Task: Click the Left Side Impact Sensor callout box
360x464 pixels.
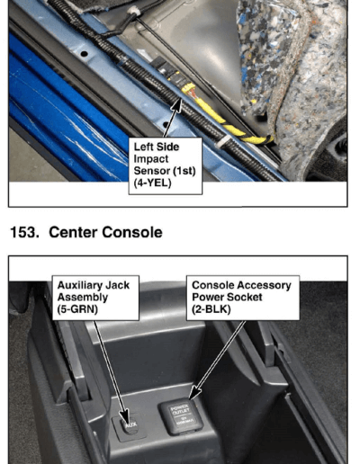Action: [x=166, y=166]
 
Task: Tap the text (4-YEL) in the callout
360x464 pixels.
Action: [x=152, y=183]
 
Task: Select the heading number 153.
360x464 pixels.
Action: [x=24, y=232]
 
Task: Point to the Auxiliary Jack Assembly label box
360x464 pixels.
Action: [x=95, y=298]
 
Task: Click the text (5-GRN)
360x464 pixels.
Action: [x=77, y=309]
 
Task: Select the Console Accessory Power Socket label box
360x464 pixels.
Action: [x=243, y=298]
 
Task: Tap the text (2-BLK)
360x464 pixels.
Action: [x=211, y=309]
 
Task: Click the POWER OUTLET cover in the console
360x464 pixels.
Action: [x=181, y=417]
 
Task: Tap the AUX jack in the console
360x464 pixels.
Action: [x=130, y=426]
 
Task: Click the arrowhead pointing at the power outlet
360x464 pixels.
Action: [x=195, y=393]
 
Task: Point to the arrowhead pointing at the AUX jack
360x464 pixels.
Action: [x=125, y=417]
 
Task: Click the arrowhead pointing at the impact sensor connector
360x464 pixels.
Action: [x=177, y=105]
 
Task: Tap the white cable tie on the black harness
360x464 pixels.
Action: [x=222, y=142]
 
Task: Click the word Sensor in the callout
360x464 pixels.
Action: [x=151, y=171]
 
